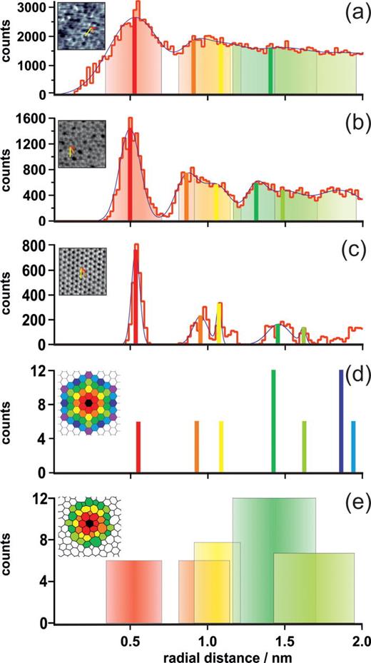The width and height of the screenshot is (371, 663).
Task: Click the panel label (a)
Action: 352,14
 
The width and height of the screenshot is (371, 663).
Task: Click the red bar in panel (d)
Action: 138,446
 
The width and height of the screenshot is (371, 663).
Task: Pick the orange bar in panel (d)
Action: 197,446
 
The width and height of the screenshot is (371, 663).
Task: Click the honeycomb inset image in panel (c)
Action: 83,271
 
